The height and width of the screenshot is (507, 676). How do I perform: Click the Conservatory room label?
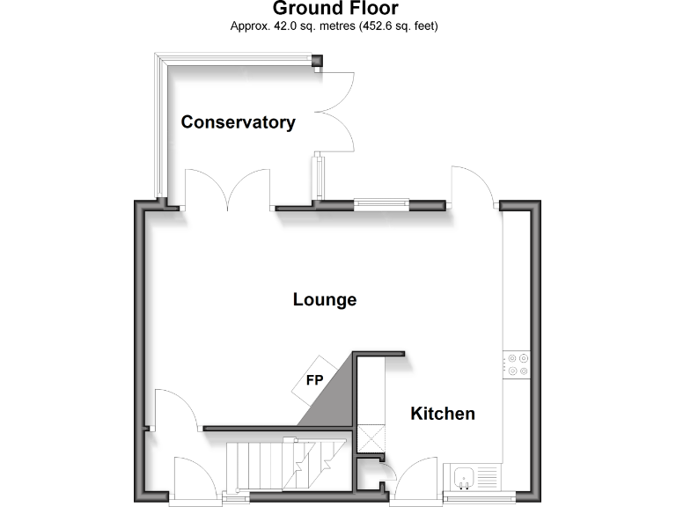click(x=238, y=122)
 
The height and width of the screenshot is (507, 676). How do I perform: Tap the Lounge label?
click(x=325, y=300)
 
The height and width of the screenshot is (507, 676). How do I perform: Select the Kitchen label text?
click(x=443, y=414)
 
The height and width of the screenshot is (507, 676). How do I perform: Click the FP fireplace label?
click(x=313, y=382)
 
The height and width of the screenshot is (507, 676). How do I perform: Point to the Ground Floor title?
click(x=335, y=9)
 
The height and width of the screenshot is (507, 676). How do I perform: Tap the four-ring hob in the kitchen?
click(x=517, y=364)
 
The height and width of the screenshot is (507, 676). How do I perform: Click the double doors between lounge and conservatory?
click(x=228, y=188)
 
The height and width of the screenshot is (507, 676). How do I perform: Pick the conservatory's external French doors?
click(x=334, y=110)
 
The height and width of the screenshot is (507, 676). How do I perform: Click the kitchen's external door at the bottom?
click(x=416, y=481)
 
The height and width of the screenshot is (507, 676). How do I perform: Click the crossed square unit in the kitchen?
click(x=371, y=437)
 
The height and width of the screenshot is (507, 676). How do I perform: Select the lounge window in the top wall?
click(x=382, y=206)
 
